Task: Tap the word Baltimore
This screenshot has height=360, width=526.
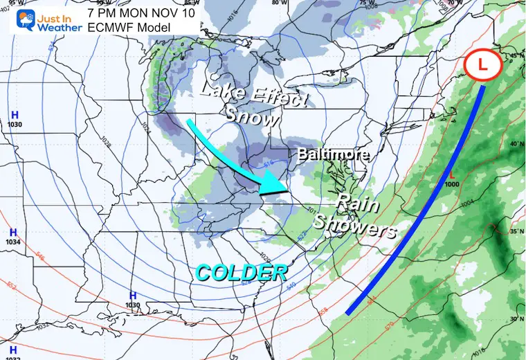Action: (x=333, y=154)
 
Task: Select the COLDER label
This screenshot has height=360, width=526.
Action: (x=241, y=272)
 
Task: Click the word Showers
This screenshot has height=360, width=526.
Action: (x=354, y=224)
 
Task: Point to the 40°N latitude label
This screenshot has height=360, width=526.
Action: (x=514, y=143)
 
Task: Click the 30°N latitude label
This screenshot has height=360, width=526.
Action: (x=514, y=319)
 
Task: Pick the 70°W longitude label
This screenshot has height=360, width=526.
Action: (x=454, y=3)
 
